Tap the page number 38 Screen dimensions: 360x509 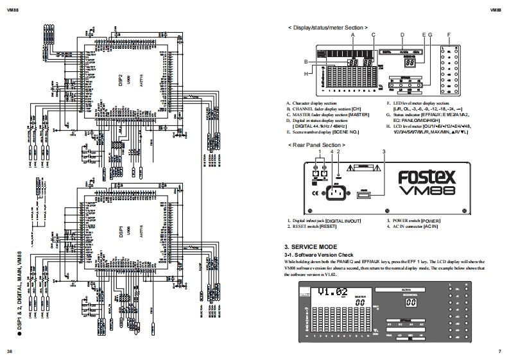[9, 352]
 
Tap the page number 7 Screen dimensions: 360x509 [499, 352]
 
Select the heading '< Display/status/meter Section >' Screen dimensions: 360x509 [328, 28]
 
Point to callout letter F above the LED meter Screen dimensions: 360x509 [449, 35]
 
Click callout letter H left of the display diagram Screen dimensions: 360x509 [307, 73]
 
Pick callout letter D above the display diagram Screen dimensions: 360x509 [402, 35]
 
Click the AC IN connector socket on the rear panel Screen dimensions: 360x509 [339, 191]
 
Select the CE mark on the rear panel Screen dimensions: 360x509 [316, 191]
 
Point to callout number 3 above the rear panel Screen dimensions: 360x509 [383, 151]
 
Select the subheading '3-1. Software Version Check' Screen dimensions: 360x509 [318, 255]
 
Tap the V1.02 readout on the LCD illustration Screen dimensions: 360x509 [334, 292]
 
